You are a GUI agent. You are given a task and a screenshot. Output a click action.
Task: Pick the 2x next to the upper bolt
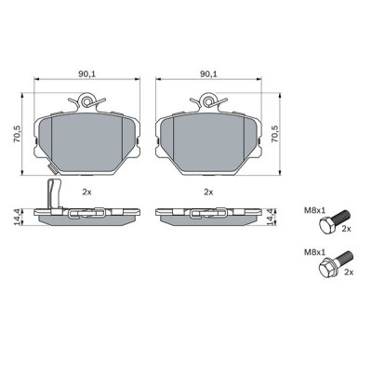(346, 228)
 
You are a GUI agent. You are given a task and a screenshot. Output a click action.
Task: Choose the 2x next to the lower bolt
(349, 273)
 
